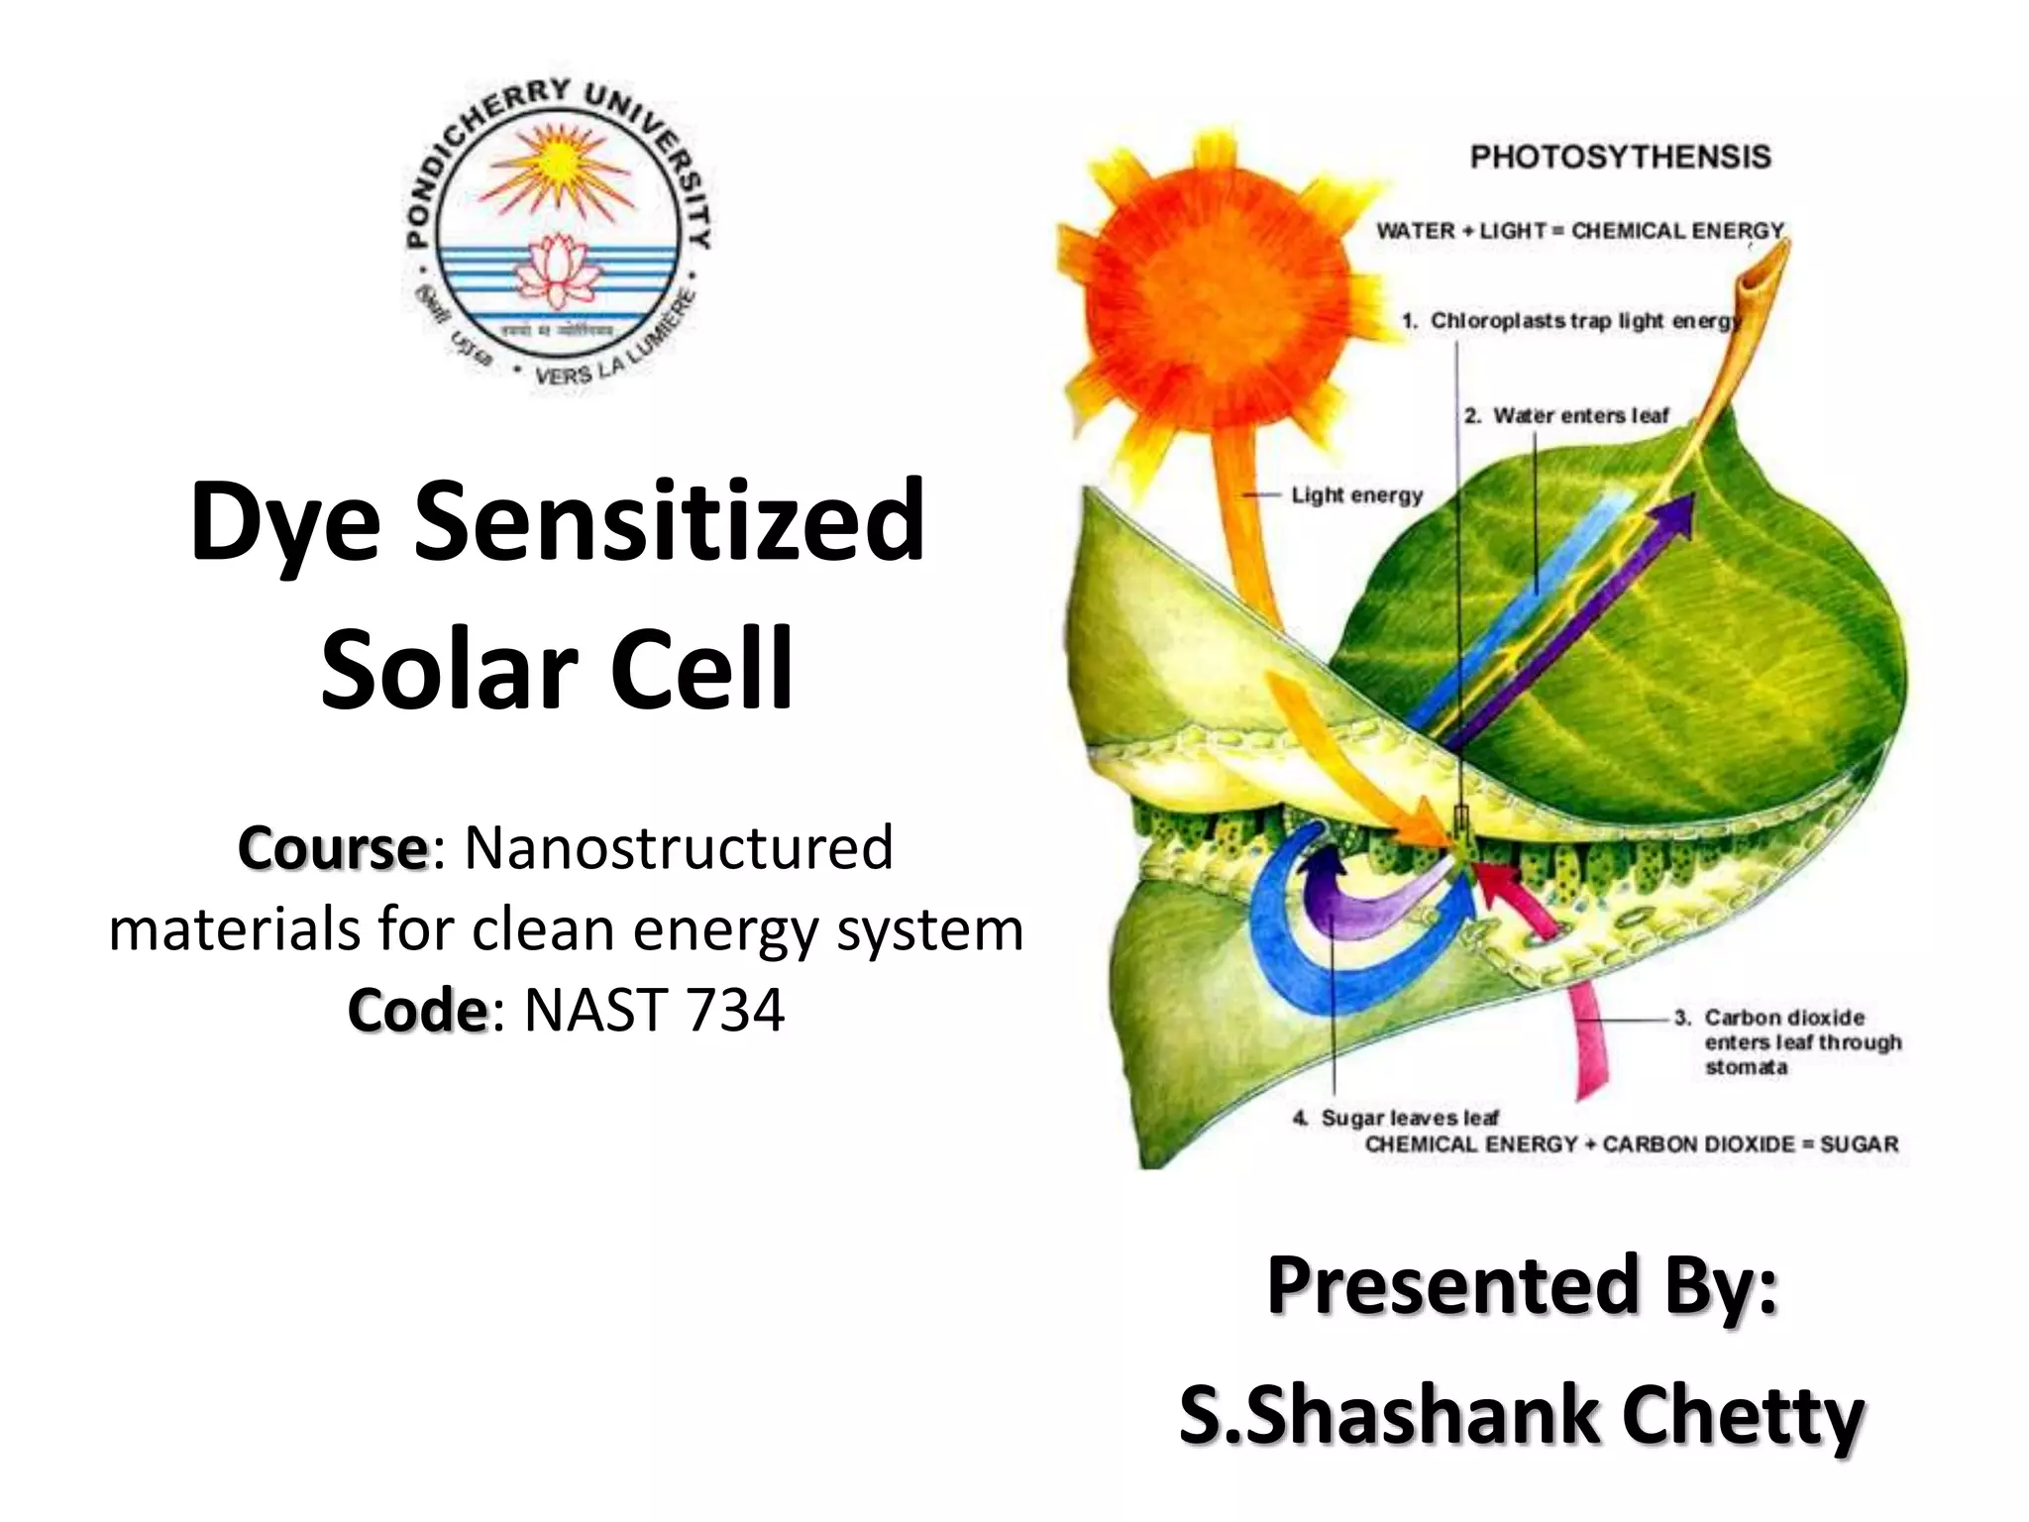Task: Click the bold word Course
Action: pyautogui.click(x=332, y=848)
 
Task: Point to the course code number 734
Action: pyautogui.click(x=734, y=1011)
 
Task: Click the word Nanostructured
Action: pyautogui.click(x=679, y=848)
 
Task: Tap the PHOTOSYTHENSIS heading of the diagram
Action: pyautogui.click(x=1620, y=157)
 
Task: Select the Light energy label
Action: pyautogui.click(x=1356, y=494)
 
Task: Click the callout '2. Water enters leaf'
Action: pyautogui.click(x=1567, y=415)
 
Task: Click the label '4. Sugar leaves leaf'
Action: pyautogui.click(x=1397, y=1118)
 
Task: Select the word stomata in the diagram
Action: pyautogui.click(x=1746, y=1067)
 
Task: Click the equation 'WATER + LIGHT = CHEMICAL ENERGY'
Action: pyautogui.click(x=1579, y=231)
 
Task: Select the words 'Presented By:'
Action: pyautogui.click(x=1522, y=1285)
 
